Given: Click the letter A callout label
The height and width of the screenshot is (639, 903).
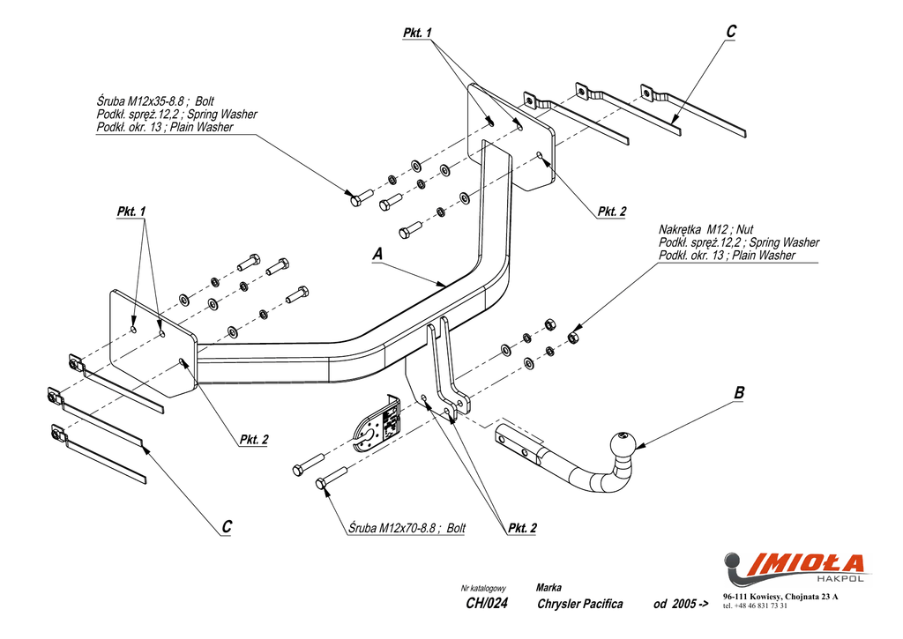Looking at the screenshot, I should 377,254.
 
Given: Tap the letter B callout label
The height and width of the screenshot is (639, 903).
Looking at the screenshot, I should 739,393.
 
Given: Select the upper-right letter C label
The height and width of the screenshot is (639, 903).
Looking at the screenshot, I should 731,32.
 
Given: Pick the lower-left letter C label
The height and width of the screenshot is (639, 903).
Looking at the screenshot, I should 227,526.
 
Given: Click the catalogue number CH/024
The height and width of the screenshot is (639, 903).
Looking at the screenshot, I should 486,604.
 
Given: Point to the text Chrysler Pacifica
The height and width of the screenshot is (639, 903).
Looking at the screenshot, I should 579,604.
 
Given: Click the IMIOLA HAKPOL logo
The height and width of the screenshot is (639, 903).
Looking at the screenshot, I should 794,567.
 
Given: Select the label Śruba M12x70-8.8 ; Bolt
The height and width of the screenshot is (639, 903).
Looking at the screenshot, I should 407,528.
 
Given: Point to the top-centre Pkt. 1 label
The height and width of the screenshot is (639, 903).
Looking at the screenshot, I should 418,33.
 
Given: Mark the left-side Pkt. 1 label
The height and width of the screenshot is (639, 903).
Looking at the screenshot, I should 131,212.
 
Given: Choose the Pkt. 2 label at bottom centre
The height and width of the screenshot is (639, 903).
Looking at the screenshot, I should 522,528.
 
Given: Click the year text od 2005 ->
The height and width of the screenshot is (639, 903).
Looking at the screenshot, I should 681,604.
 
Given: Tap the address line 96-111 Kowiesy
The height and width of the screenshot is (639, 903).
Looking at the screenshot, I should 780,598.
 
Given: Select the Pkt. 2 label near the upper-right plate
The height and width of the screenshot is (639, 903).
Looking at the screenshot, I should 611,212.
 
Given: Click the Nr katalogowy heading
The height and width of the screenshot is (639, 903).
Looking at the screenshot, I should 483,588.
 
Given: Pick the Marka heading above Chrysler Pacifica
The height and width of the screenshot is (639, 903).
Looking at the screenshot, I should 549,587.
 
